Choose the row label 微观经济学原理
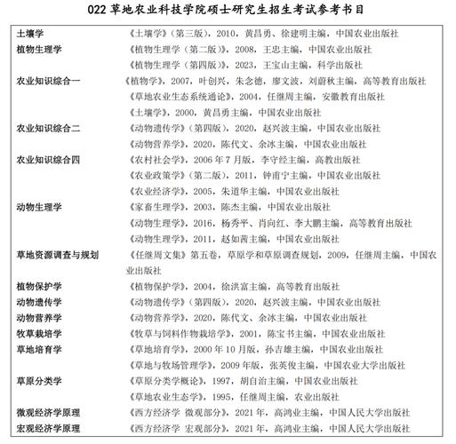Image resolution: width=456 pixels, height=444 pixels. coord(49,414)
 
